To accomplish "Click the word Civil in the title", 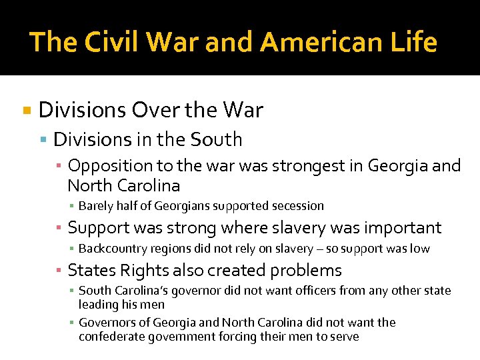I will click(x=107, y=42).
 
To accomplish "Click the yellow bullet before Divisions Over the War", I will click(x=27, y=110).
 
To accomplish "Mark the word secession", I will click(x=296, y=206).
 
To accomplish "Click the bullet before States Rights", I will click(x=59, y=270).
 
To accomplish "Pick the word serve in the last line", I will click(x=344, y=337).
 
